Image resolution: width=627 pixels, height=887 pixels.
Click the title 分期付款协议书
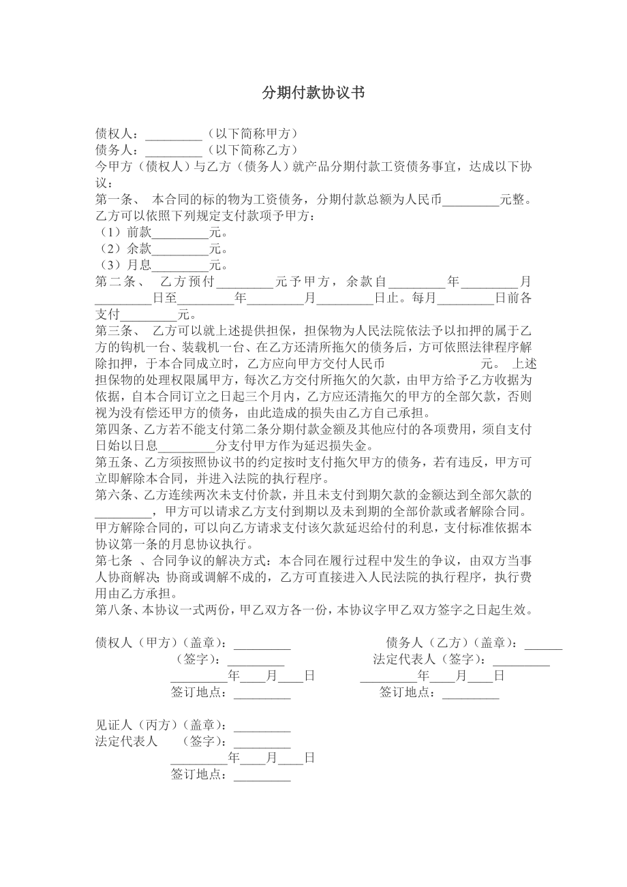(313, 93)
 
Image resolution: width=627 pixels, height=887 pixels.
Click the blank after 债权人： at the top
(174, 134)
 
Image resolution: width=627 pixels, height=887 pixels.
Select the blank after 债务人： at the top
(174, 150)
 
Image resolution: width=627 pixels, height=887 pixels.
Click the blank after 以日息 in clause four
(187, 446)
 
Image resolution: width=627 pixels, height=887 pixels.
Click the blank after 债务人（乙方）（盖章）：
(543, 643)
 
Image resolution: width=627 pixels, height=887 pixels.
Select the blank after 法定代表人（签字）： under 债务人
(521, 659)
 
